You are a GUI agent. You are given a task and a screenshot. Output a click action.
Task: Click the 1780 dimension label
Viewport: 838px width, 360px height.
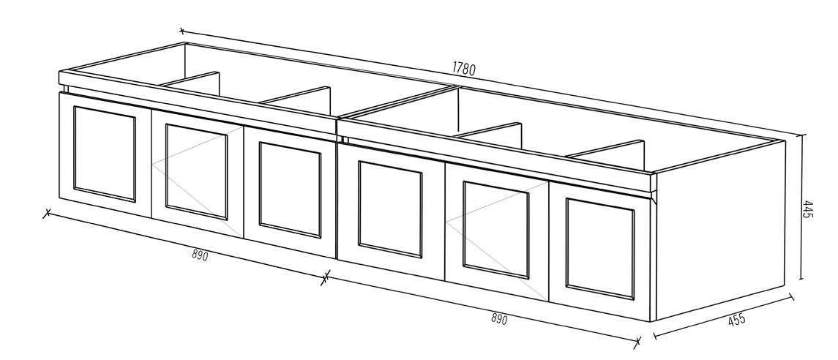point(464,70)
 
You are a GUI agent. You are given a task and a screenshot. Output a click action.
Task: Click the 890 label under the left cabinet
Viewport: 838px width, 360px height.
point(200,255)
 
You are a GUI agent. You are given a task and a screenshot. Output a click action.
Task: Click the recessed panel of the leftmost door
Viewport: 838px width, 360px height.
point(105,154)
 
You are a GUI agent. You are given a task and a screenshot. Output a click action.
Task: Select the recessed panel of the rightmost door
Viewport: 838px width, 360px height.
point(599,248)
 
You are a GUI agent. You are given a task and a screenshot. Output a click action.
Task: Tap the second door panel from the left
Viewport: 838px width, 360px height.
point(196,171)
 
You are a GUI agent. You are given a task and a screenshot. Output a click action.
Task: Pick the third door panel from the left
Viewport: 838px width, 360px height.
point(290,190)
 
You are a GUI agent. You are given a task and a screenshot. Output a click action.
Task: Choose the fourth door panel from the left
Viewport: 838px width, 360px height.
point(390,209)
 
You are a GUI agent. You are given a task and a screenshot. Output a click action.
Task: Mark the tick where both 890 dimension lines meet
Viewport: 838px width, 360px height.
point(326,277)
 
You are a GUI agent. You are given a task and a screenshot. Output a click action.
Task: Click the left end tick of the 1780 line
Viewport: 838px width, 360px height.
point(182,31)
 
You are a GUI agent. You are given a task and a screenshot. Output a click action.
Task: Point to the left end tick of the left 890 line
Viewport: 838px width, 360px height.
point(48,214)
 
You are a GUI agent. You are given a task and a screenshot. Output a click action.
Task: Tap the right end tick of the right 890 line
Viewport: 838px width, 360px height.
point(637,341)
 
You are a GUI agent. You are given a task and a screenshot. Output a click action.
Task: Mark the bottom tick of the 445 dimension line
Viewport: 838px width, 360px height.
point(803,280)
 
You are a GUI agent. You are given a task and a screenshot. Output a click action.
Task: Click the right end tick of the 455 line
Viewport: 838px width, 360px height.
point(791,299)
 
